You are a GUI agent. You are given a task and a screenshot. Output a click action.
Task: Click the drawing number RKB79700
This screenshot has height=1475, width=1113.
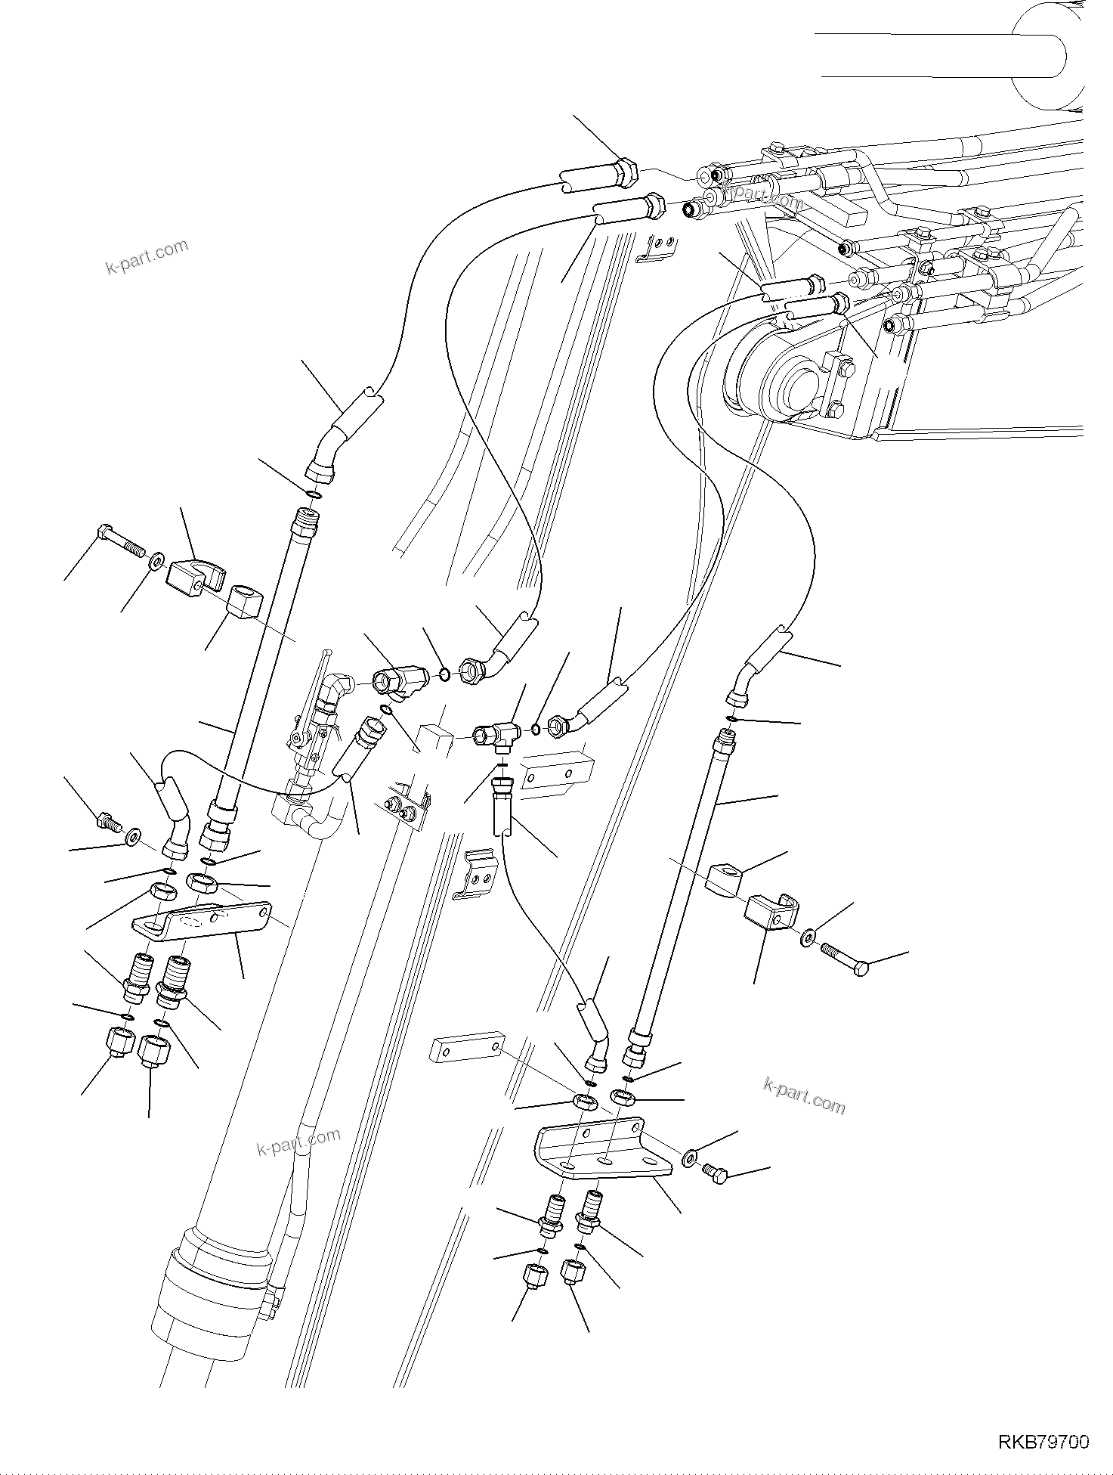pyautogui.click(x=1044, y=1443)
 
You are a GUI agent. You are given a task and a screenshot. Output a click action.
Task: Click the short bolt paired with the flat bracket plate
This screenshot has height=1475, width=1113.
pyautogui.click(x=106, y=820)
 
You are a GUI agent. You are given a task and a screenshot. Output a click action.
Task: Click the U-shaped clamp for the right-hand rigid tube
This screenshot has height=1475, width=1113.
pyautogui.click(x=771, y=912)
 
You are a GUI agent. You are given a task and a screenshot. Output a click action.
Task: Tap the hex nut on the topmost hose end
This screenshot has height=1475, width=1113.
pyautogui.click(x=626, y=170)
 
